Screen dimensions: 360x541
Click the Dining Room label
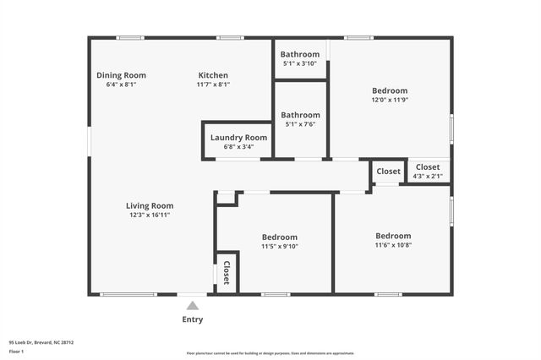click(121, 74)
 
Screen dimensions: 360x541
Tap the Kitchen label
click(213, 74)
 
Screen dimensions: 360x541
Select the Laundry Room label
click(238, 137)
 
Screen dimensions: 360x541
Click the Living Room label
click(150, 205)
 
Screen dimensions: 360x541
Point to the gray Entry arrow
click(193, 306)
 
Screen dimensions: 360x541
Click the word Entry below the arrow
click(193, 319)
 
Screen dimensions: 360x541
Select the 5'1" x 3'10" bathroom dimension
click(300, 63)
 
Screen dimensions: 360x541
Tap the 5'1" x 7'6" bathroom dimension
click(300, 124)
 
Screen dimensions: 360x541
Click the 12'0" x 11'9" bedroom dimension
click(391, 100)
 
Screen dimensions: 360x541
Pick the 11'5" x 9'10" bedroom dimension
click(279, 247)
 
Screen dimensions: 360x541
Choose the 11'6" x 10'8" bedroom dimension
click(393, 245)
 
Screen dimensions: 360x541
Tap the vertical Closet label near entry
click(227, 272)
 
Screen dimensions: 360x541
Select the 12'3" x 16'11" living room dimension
click(150, 215)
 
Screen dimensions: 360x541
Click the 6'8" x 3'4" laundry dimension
click(238, 146)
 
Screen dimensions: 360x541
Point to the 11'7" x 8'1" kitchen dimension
click(213, 84)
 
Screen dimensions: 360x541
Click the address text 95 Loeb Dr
click(41, 342)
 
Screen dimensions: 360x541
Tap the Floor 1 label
click(17, 351)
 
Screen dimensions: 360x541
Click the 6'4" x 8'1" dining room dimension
click(121, 84)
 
